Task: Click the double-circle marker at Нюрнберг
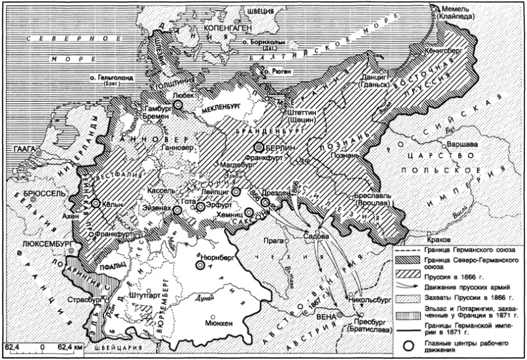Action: coord(199,264)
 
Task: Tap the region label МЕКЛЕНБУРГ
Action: coord(221,105)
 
